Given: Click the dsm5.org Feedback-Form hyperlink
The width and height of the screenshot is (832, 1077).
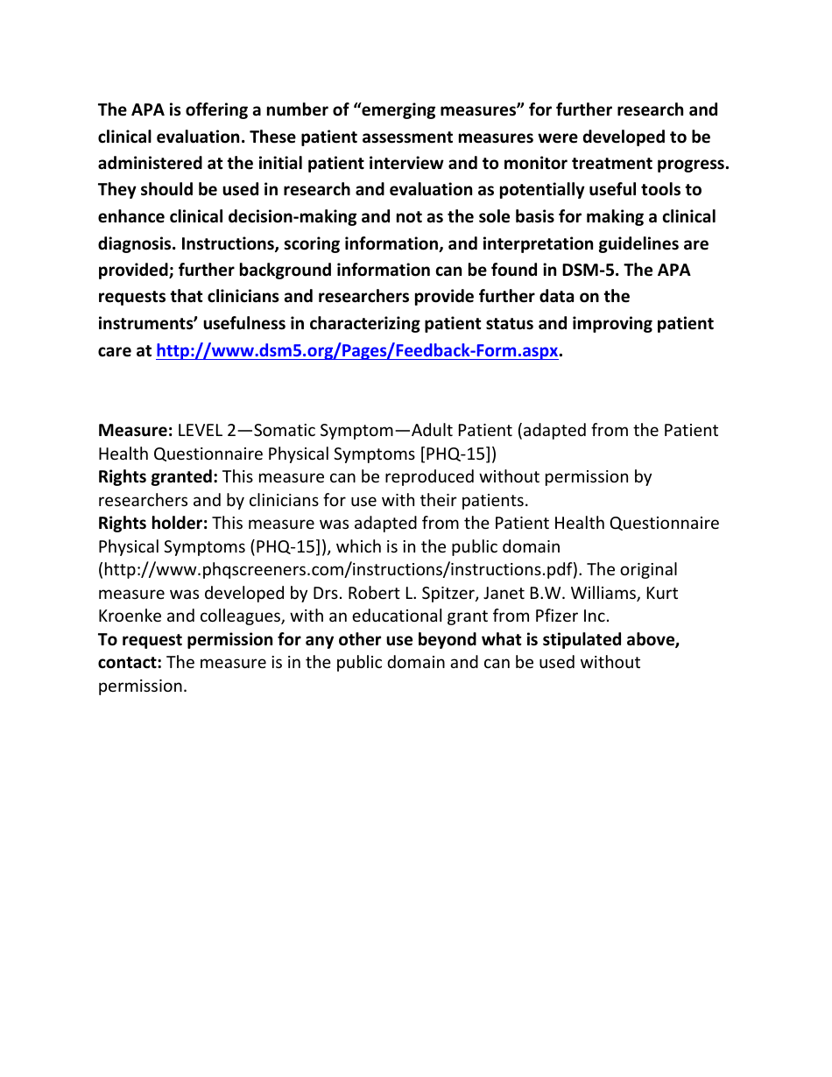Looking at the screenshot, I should [356, 351].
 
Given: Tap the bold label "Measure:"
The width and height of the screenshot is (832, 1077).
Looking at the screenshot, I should [135, 431].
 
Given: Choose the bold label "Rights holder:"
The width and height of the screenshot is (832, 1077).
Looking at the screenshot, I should [152, 524].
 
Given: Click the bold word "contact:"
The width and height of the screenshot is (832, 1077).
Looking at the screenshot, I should [130, 663].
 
